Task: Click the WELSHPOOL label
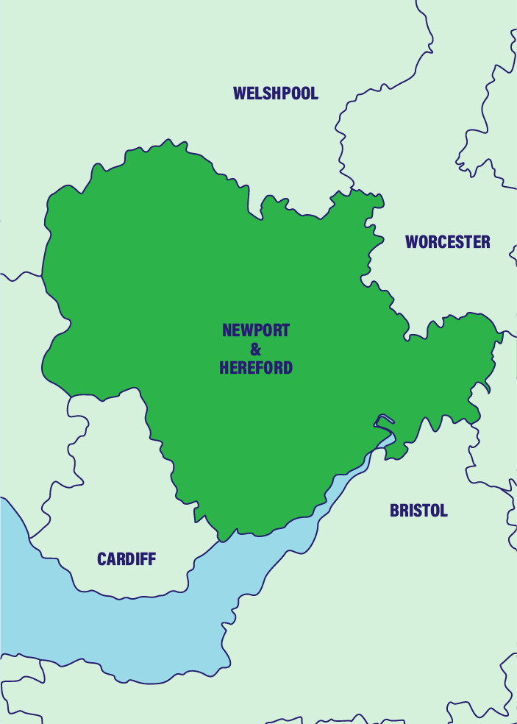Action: [276, 93]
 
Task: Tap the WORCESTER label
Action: [447, 242]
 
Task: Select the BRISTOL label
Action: [418, 511]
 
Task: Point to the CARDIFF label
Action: [126, 559]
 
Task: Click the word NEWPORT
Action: [256, 330]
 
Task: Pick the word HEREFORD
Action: [256, 368]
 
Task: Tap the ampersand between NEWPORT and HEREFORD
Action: [256, 349]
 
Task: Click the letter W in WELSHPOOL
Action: [240, 93]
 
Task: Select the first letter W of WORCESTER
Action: [412, 242]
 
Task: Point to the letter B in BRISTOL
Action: [394, 511]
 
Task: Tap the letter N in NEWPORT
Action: [227, 330]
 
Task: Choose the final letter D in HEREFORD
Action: [288, 368]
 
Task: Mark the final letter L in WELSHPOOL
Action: [315, 93]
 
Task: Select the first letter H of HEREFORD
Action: [224, 368]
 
